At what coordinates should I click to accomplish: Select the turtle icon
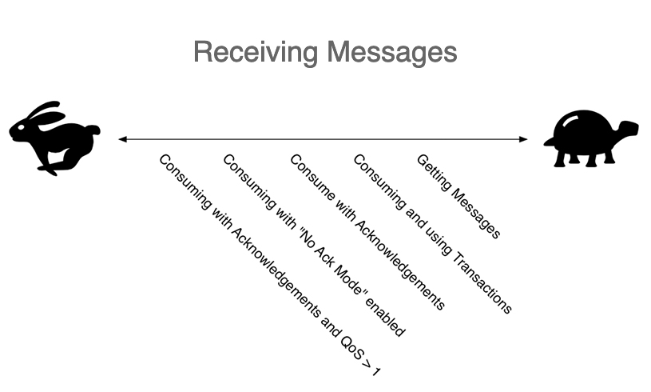[x=591, y=138]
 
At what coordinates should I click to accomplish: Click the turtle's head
[x=628, y=129]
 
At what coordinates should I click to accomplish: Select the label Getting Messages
[x=458, y=197]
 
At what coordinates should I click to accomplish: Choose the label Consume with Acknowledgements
[x=367, y=232]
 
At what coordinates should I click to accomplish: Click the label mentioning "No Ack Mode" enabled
[x=314, y=245]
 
